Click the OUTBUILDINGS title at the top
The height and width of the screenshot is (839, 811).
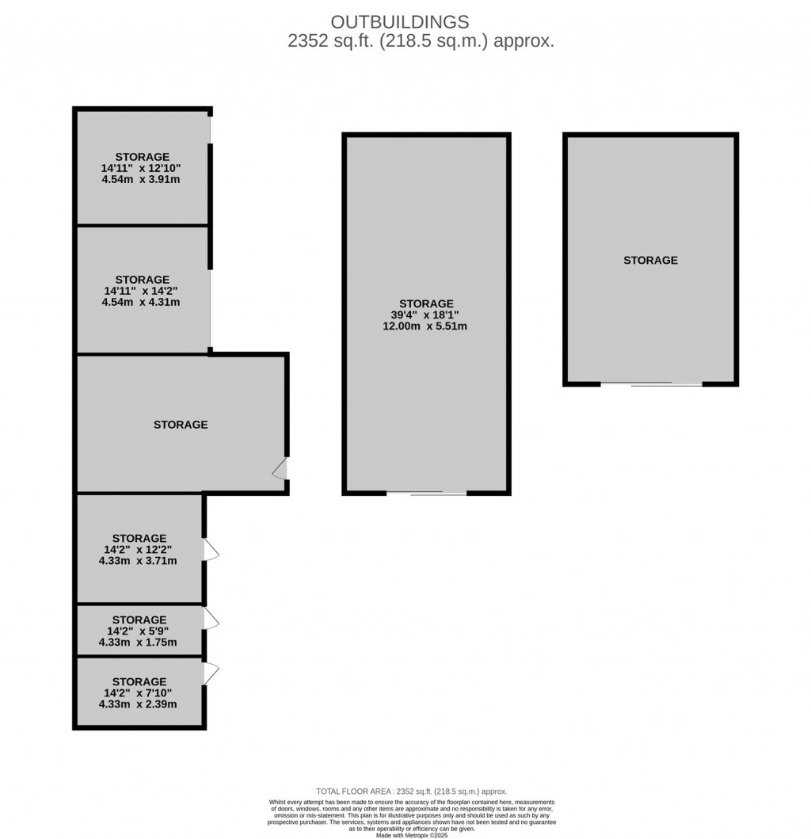click(x=400, y=22)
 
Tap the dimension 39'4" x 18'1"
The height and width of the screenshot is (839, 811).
click(x=425, y=315)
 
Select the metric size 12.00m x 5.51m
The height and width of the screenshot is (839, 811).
click(x=425, y=326)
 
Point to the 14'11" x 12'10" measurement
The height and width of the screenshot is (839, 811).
click(x=141, y=168)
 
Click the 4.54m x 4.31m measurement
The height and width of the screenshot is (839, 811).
click(x=141, y=303)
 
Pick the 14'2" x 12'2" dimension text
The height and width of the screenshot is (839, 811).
click(x=138, y=550)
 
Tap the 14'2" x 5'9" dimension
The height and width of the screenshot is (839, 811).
click(x=138, y=631)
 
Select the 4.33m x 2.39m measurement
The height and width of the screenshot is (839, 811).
click(x=138, y=704)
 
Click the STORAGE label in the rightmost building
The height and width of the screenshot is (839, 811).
click(x=650, y=261)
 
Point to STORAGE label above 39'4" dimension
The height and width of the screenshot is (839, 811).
click(x=426, y=304)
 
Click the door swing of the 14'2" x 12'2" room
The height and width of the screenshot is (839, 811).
click(x=211, y=550)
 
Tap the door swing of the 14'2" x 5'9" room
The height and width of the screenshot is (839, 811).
click(x=211, y=619)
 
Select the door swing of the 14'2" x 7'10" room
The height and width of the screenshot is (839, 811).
click(x=211, y=673)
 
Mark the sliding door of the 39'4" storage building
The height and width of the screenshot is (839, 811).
click(x=426, y=493)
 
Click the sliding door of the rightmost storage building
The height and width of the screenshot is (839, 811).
click(x=651, y=383)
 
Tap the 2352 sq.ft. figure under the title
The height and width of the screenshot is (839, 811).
click(x=330, y=41)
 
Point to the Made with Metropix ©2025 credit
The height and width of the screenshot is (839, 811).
click(x=412, y=835)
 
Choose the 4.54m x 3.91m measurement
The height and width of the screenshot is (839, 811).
click(x=141, y=179)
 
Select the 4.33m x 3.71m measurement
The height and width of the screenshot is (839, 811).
click(x=138, y=561)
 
